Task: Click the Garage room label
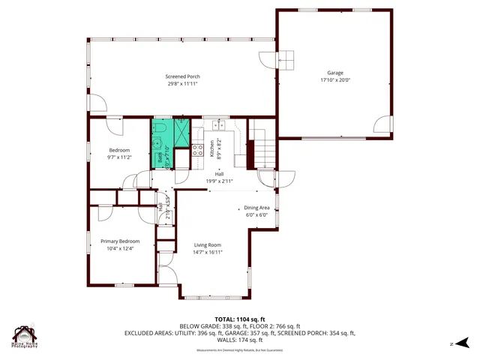[x=335, y=73]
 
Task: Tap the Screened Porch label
[x=182, y=76]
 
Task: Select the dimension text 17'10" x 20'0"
[x=335, y=80]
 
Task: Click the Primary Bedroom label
[x=121, y=241]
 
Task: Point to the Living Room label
[x=208, y=244]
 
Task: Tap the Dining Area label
[x=256, y=208]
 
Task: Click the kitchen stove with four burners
[x=197, y=149]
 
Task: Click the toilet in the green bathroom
[x=160, y=128]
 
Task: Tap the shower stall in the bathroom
[x=181, y=132]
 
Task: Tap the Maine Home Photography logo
[x=25, y=337]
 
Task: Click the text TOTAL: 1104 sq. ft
[x=239, y=319]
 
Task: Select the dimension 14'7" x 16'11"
[x=208, y=252]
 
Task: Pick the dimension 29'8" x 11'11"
[x=182, y=83]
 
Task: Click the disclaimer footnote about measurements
[x=239, y=350]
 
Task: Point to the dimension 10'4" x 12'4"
[x=121, y=248]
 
